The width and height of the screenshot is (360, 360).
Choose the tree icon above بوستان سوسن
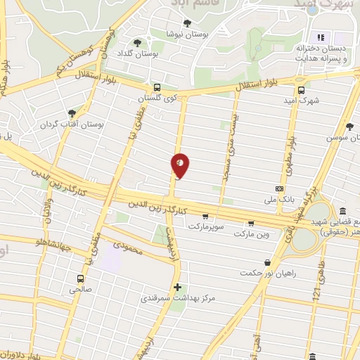pos(349,127)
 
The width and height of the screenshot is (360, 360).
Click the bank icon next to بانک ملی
pos(279,188)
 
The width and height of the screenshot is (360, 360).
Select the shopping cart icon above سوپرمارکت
pos(205,217)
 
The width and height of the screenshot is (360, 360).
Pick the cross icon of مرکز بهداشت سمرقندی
pos(177,287)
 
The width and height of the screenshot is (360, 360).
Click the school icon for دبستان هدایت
pos(319,37)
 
